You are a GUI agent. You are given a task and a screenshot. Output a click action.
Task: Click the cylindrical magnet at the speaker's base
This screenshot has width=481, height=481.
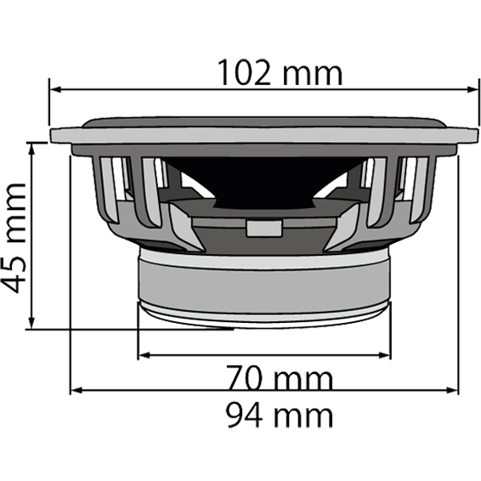pyautogui.click(x=265, y=280)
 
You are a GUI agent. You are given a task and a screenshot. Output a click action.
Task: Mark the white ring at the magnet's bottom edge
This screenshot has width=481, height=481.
pyautogui.click(x=265, y=317)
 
